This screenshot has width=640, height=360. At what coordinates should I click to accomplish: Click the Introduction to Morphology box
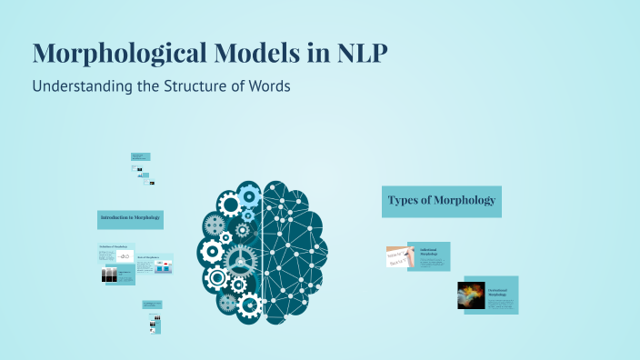[x=130, y=219]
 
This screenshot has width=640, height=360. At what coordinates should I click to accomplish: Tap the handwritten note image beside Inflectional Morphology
[x=400, y=257]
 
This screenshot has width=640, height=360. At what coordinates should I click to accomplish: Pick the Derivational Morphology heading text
[x=500, y=290]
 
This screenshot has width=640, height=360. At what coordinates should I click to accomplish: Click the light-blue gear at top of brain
[x=250, y=194]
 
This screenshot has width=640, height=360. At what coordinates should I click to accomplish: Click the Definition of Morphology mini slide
[x=116, y=255]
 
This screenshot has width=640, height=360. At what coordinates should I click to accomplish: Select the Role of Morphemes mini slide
[x=155, y=264]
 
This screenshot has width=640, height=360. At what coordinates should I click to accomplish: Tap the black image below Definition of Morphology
[x=110, y=275]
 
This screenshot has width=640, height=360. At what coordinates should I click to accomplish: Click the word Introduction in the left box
[x=116, y=219]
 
